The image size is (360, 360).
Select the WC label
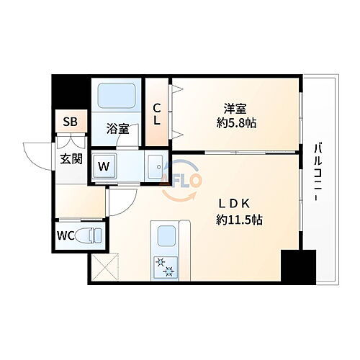pos(65,234)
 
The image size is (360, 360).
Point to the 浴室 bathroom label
pos(118,129)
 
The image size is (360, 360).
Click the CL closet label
pos(158,114)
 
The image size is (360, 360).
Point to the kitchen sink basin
pos(165,235)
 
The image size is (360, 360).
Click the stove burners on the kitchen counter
pos(165,267)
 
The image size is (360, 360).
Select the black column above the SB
pos(70,91)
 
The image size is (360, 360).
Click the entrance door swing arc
pos(36,153)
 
